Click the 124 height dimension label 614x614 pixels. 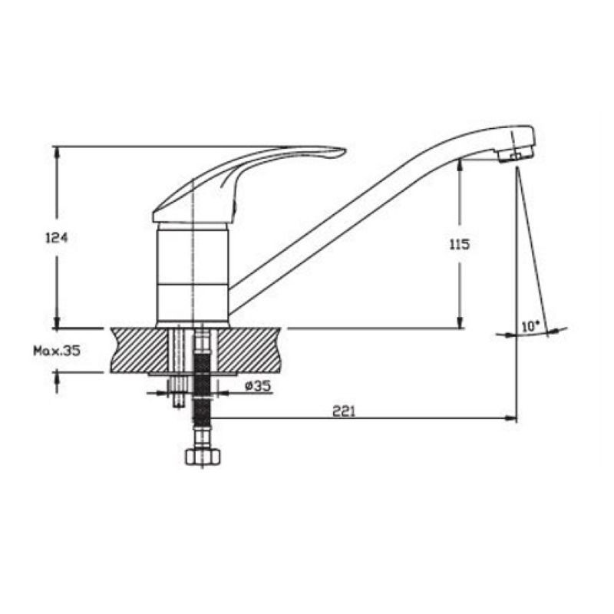[57, 238]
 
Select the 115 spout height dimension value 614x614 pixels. [459, 245]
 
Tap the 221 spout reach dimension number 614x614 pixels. [344, 411]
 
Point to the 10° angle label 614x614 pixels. [530, 325]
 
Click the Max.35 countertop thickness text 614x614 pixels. [57, 351]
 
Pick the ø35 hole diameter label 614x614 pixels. [258, 386]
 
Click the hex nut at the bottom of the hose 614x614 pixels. [203, 457]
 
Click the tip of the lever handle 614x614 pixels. [345, 150]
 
